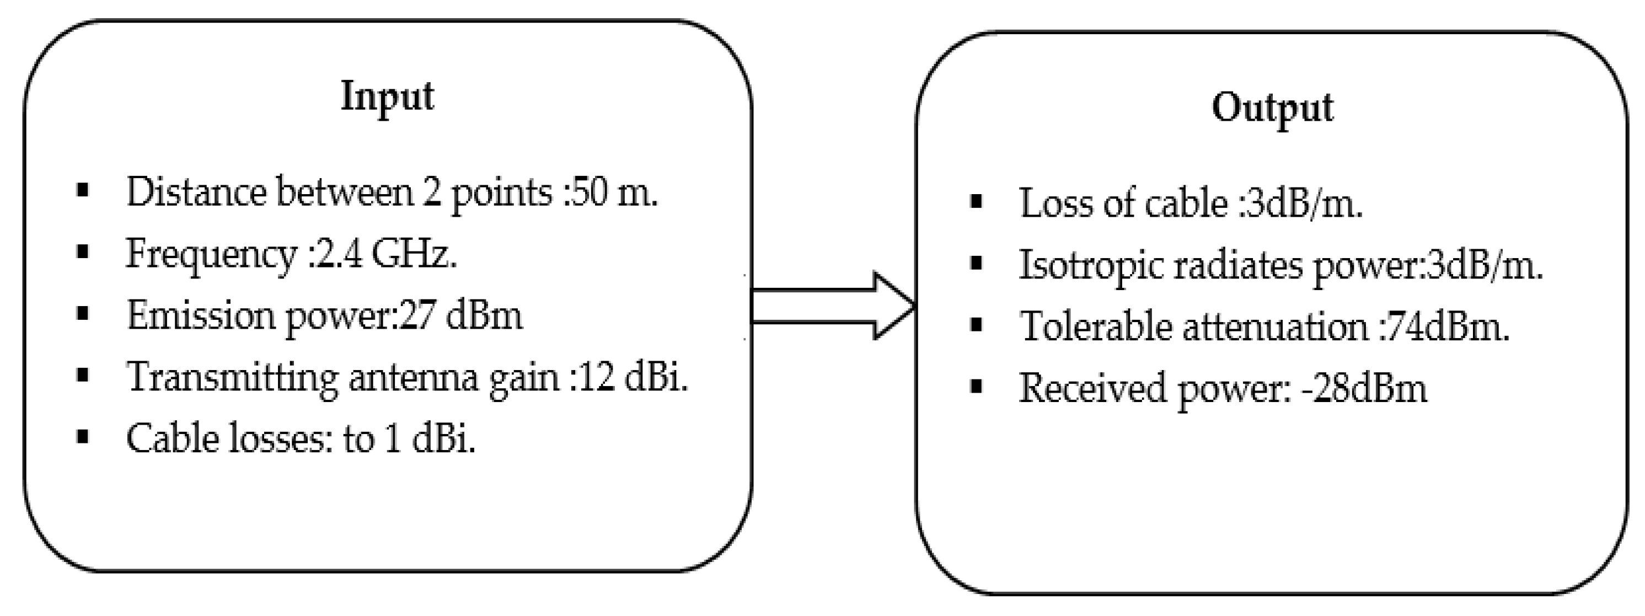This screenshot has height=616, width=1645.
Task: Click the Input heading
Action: (387, 97)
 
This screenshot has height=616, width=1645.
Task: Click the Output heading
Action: (1272, 108)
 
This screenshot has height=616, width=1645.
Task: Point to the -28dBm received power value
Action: (1364, 389)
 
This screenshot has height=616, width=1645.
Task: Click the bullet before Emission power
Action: (82, 314)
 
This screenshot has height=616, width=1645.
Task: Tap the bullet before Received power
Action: (975, 387)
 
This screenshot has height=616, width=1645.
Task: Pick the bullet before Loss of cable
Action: (975, 202)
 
